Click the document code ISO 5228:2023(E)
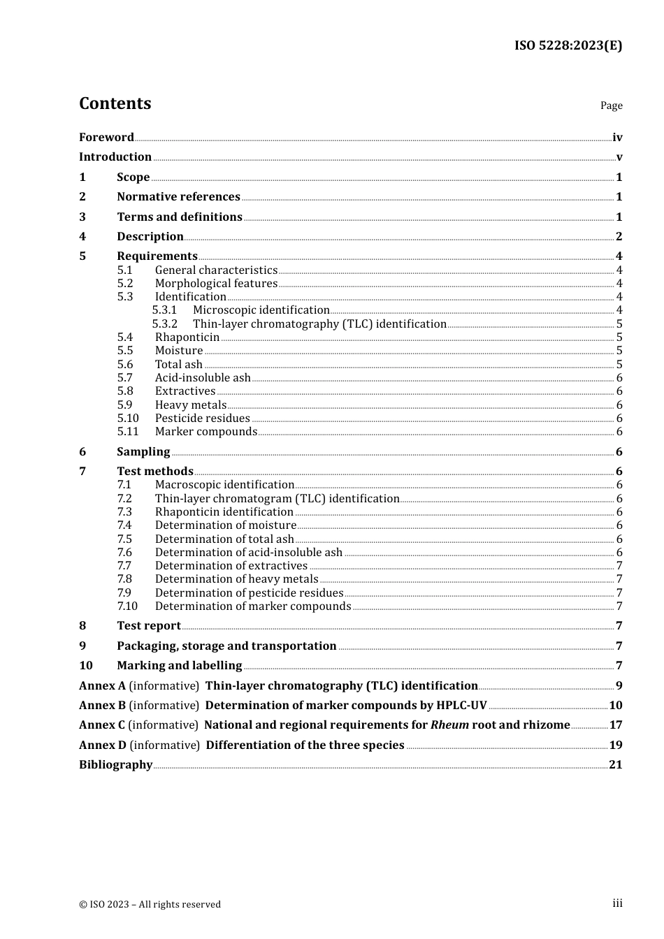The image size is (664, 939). [x=568, y=45]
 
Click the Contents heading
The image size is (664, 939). [x=115, y=103]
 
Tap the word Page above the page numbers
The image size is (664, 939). [x=611, y=105]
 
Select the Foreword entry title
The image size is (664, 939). [x=106, y=138]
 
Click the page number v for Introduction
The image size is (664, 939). [x=619, y=157]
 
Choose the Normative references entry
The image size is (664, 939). [x=178, y=197]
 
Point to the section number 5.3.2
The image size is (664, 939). [x=165, y=324]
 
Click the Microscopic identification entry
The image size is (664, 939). [x=261, y=310]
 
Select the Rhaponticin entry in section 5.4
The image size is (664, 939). [x=187, y=337]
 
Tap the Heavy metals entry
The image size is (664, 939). [x=191, y=405]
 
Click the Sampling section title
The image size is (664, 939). [x=143, y=452]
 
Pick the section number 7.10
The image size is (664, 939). [x=127, y=606]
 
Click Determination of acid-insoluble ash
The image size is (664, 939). [x=249, y=553]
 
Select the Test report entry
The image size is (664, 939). [x=149, y=626]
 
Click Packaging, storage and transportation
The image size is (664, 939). [x=226, y=646]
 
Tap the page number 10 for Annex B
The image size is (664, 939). [x=615, y=706]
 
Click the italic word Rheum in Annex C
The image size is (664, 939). [x=449, y=725]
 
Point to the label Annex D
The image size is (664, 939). [x=103, y=745]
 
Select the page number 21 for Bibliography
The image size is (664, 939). [x=615, y=765]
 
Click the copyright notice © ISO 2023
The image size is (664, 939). [x=150, y=905]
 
